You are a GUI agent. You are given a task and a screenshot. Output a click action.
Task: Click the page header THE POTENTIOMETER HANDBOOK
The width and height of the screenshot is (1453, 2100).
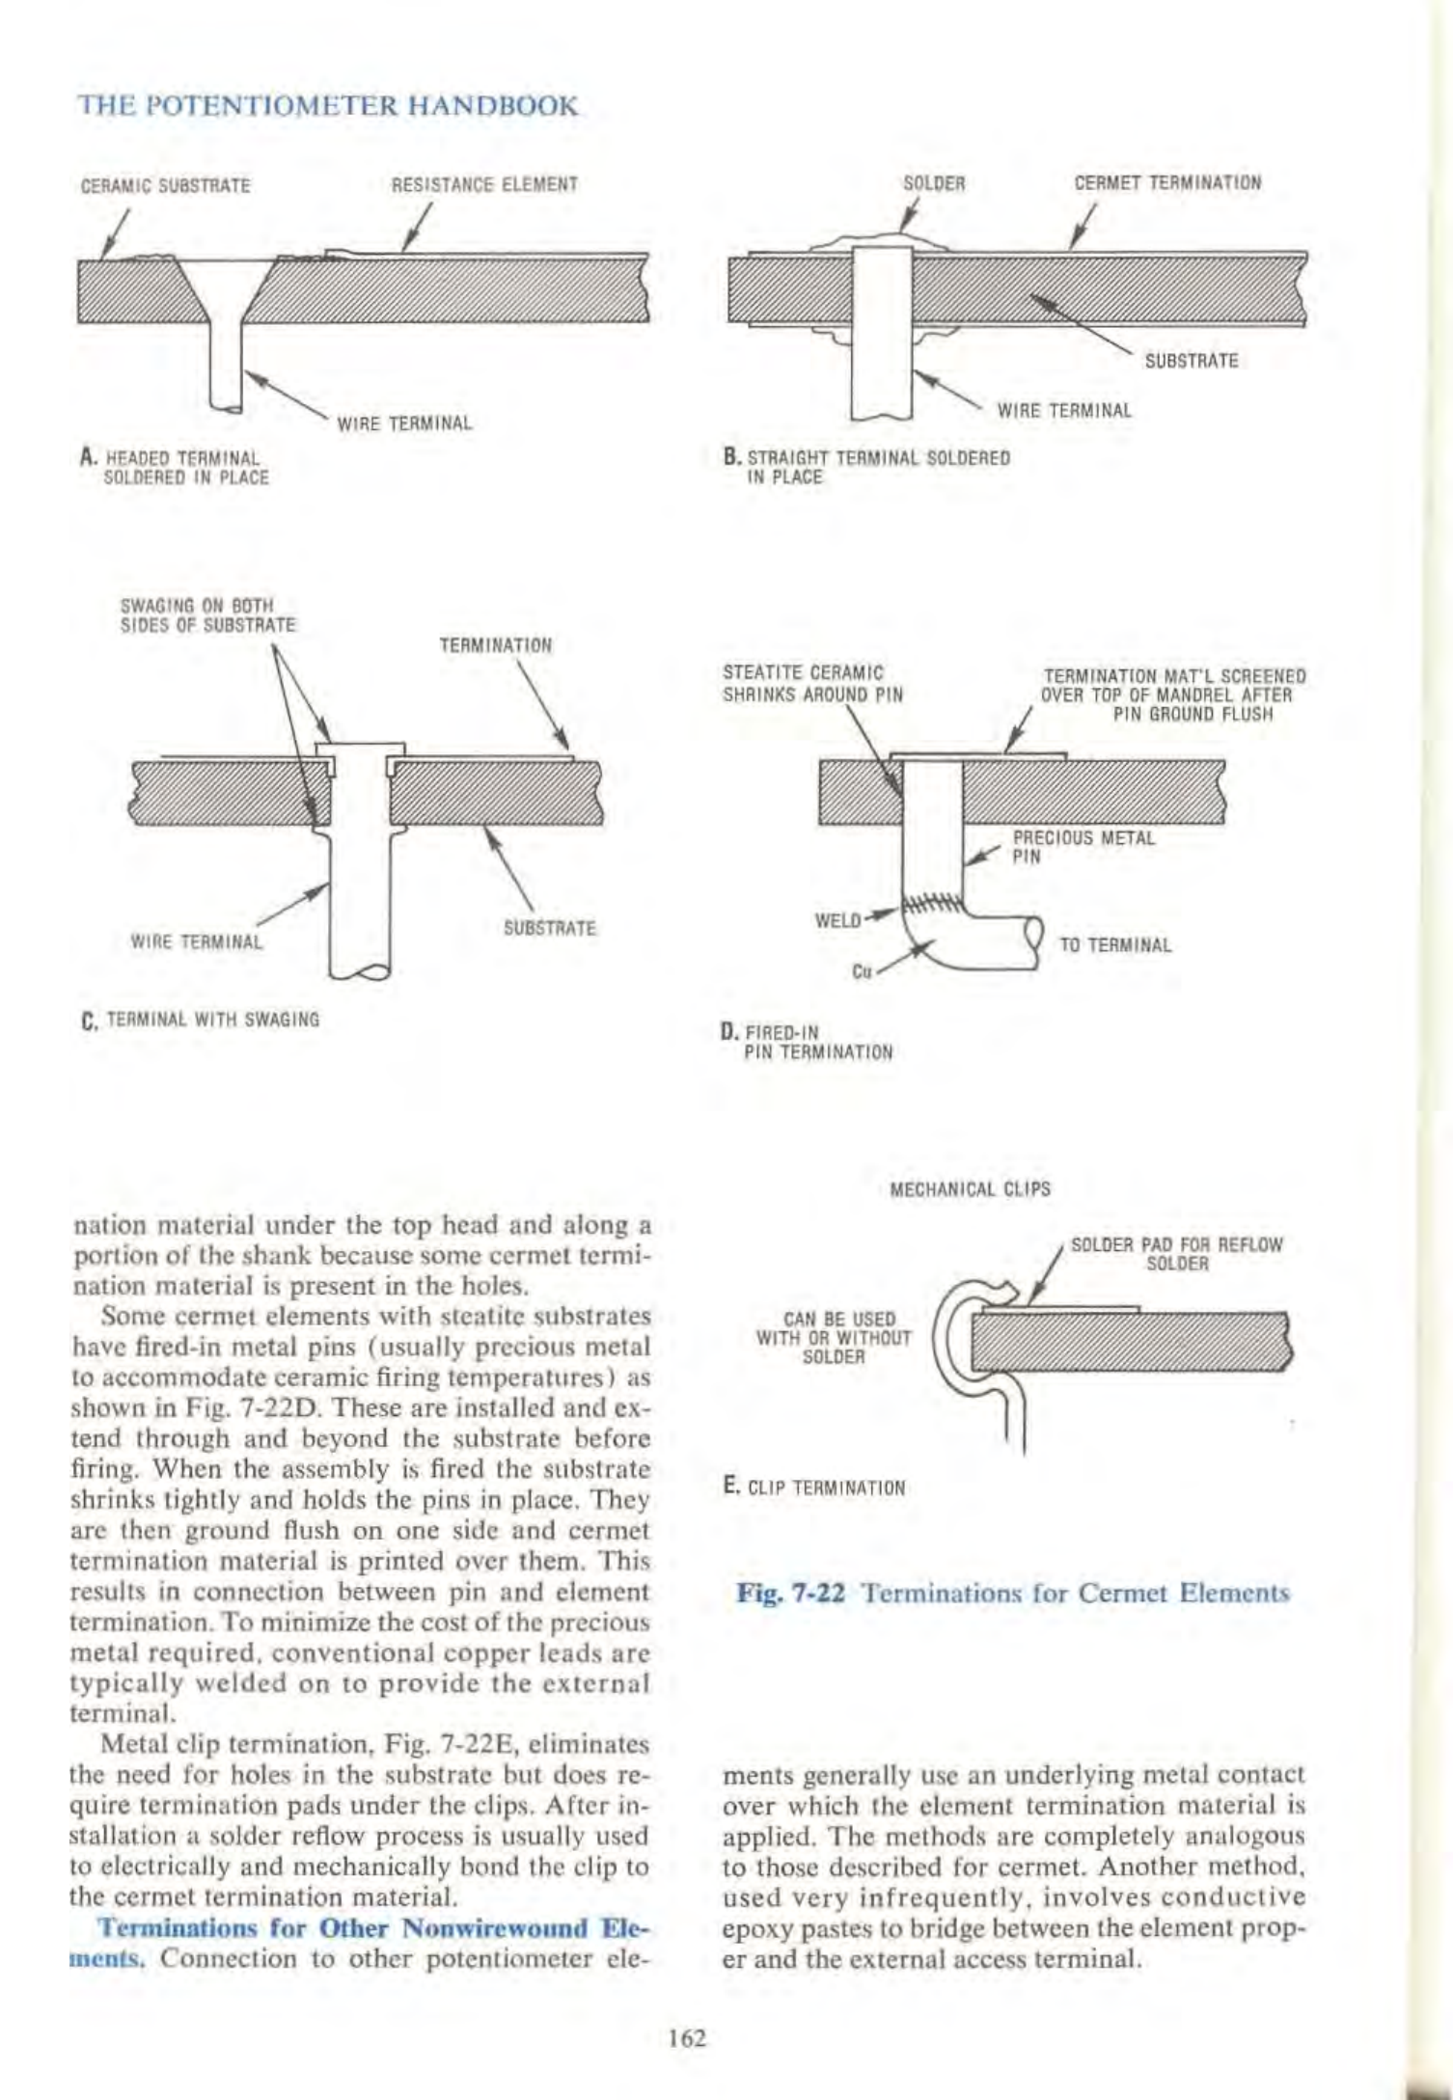327,105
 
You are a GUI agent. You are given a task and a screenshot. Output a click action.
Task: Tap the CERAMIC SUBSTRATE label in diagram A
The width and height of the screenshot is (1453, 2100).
165,185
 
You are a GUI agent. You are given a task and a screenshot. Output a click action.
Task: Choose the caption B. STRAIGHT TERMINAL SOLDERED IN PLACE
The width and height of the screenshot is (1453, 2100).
866,468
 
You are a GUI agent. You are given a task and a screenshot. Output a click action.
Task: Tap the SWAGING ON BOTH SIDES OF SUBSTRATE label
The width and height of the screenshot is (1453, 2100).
206,615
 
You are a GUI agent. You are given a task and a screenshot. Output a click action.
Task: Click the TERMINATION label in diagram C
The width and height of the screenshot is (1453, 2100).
496,645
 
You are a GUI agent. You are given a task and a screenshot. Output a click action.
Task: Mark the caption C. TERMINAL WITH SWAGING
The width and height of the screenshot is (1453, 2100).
202,1020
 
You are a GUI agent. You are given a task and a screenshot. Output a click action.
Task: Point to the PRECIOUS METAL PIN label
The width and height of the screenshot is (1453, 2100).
1083,847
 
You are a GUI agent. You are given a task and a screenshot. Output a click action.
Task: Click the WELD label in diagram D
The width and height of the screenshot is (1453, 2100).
837,919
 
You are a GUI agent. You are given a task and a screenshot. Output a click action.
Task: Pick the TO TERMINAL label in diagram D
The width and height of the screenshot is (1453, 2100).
1115,945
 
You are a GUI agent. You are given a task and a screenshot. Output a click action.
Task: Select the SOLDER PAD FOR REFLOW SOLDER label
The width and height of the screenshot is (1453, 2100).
1177,1254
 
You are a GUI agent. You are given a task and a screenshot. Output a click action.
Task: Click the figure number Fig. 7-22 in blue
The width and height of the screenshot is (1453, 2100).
791,1594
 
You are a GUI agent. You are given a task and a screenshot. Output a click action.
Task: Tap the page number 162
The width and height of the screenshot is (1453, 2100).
688,2038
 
